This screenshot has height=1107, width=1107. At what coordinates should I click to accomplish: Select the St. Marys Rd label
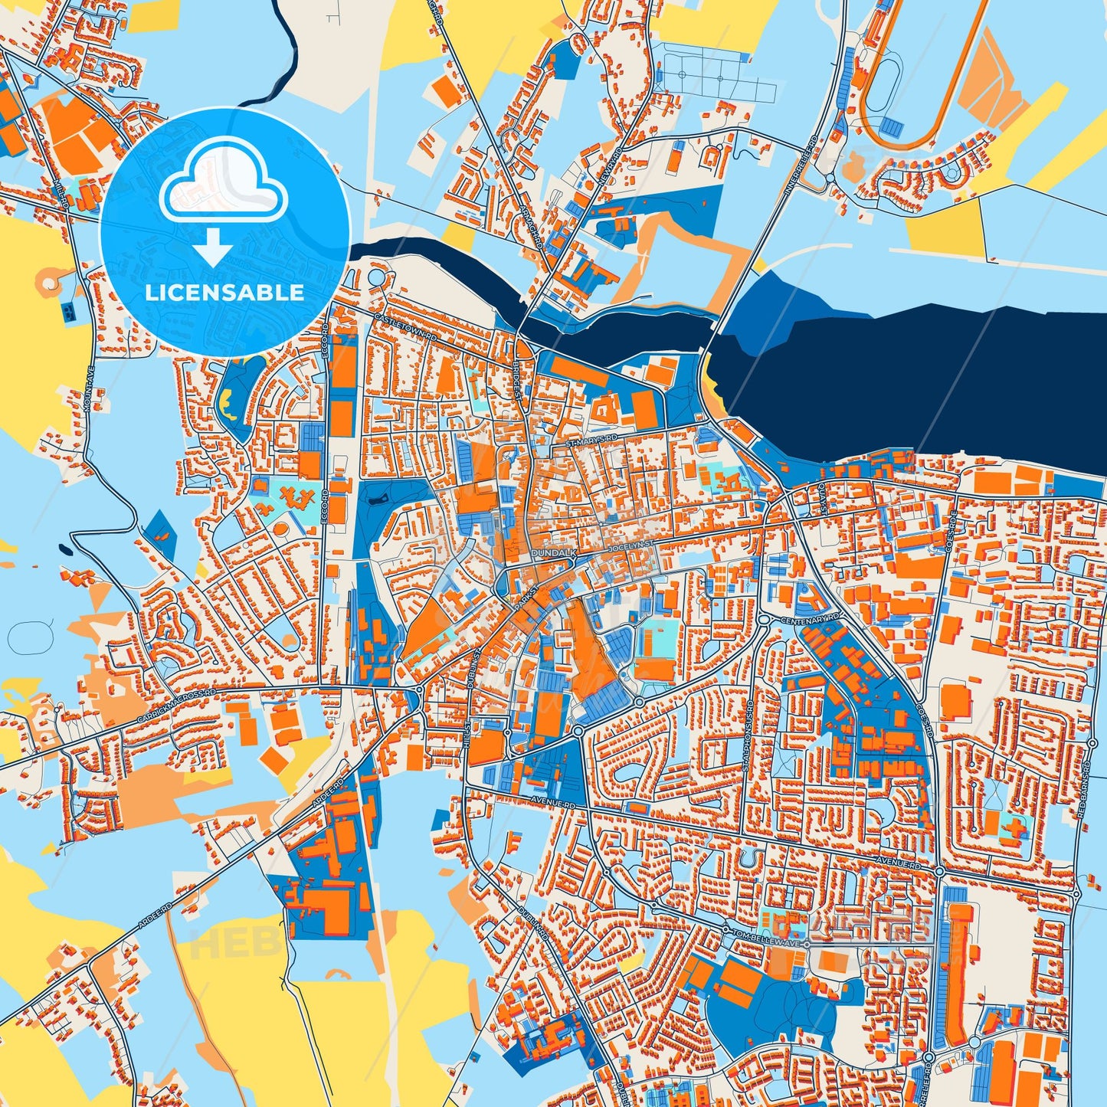pyautogui.click(x=591, y=441)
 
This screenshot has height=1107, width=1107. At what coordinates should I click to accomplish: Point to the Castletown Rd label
pyautogui.click(x=405, y=326)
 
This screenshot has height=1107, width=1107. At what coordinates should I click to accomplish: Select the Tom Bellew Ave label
pyautogui.click(x=767, y=938)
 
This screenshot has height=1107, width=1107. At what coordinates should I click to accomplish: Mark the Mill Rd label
pyautogui.click(x=62, y=195)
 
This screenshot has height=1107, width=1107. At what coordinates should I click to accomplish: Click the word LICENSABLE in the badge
pyautogui.click(x=224, y=293)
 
